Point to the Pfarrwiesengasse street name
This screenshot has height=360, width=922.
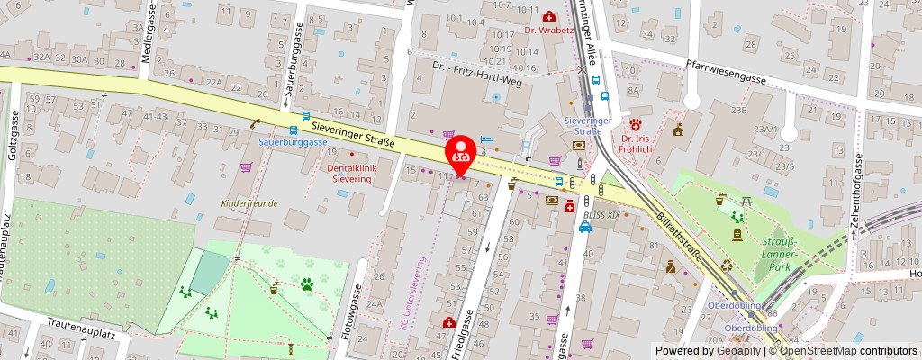tap(725, 72)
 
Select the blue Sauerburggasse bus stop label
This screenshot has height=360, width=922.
tap(293, 142)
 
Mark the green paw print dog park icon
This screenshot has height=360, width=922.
tap(308, 284)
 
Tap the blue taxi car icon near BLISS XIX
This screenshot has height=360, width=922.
tap(585, 227)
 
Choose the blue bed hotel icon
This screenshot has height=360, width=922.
tap(487, 139)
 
